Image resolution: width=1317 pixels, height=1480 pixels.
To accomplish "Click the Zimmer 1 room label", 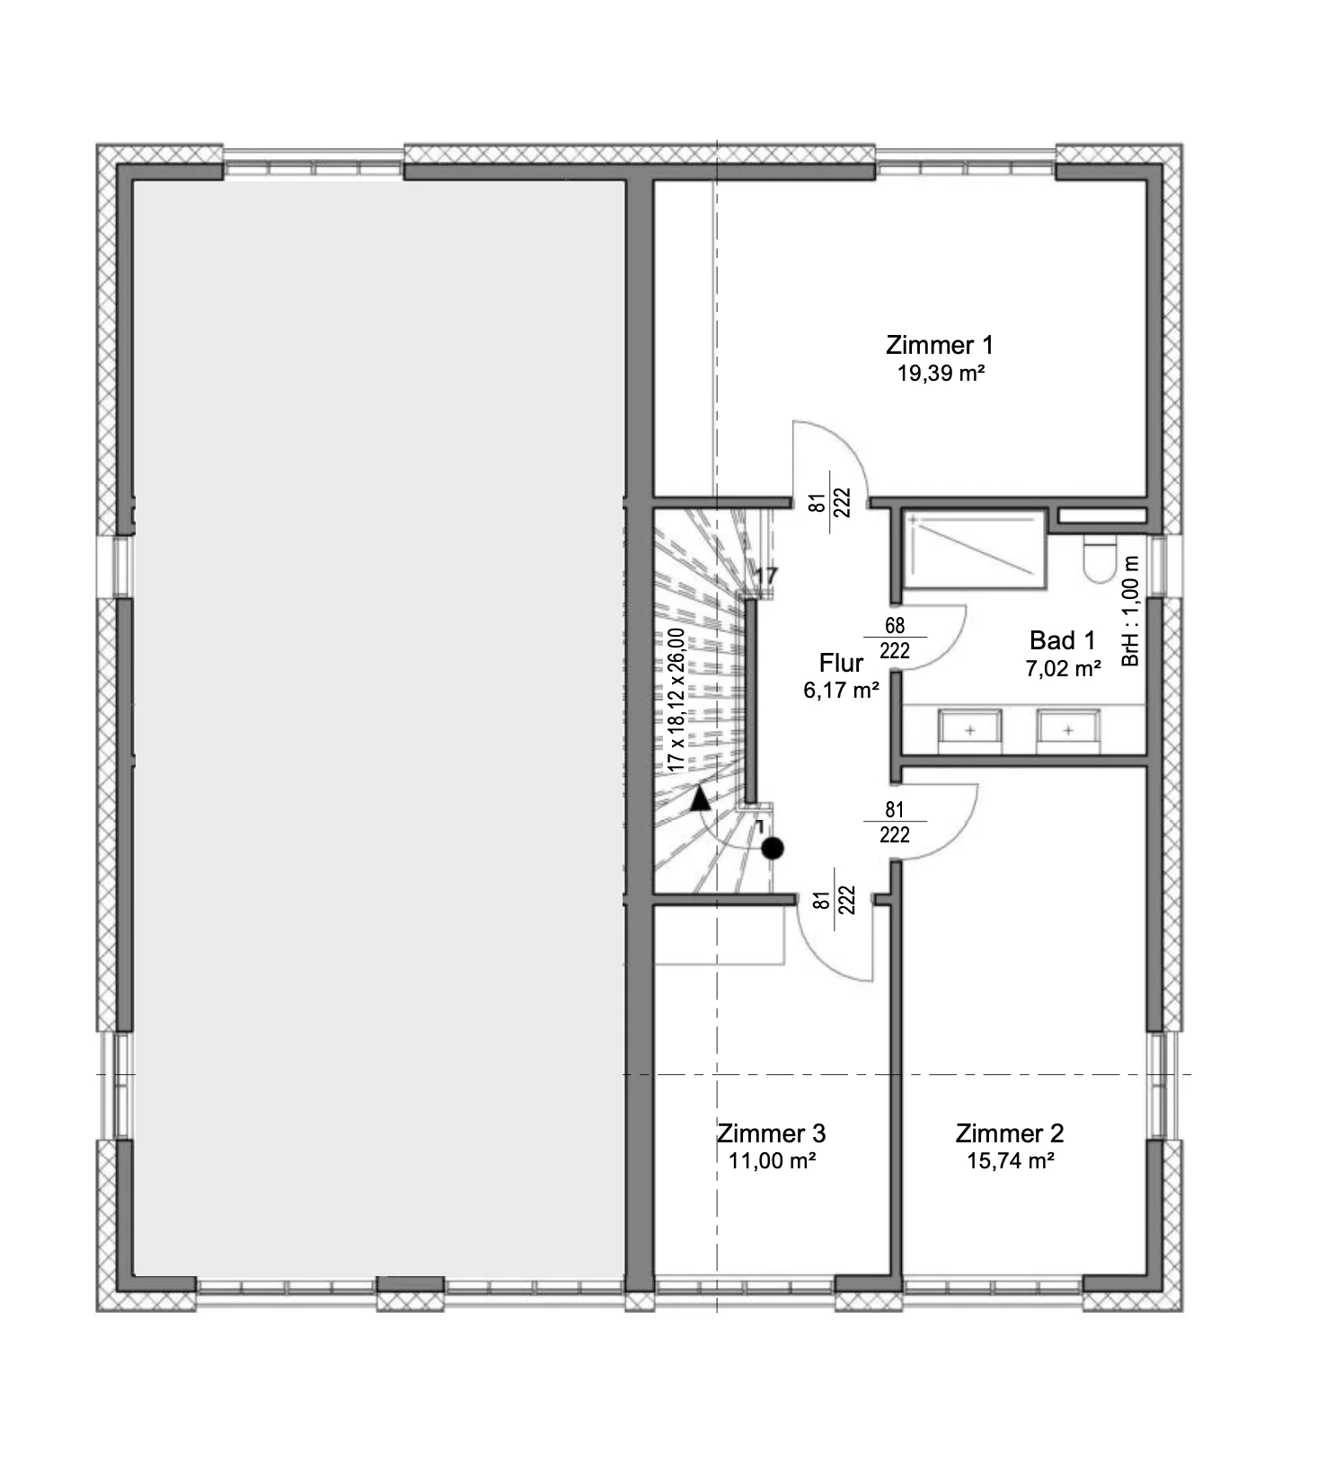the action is pos(939,345).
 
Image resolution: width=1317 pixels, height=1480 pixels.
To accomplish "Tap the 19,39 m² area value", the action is pos(940,374).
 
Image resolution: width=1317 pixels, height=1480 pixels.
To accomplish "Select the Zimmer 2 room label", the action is pos(1009,1133).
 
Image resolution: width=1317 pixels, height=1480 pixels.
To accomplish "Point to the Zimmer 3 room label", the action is pos(771,1133).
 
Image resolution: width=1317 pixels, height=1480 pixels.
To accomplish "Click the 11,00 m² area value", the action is pos(772,1161).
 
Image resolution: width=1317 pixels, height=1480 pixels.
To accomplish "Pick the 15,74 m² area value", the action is pos(1010,1161).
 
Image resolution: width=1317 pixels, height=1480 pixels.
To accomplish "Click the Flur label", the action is pos(841,663).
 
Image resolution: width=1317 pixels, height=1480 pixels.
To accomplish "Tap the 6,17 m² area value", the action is pos(841,690).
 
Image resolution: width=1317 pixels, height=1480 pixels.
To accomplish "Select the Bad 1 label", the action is pos(1063,640).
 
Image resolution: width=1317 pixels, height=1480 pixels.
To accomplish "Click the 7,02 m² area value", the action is pos(1063,668).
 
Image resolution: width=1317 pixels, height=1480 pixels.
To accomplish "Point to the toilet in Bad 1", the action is pos(1100,558).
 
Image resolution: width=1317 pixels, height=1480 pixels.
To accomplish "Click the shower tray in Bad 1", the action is pos(975,549).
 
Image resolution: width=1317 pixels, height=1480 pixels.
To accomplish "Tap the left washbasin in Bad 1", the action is pos(970,730).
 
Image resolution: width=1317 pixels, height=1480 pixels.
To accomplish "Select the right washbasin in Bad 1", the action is pos(1068,730).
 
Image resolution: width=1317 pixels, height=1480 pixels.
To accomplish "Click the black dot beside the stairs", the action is pos(773,848).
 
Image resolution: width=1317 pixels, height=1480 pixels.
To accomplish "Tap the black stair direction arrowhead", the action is pos(700,798).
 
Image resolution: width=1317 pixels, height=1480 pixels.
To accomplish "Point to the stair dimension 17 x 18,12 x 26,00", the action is pos(676,700).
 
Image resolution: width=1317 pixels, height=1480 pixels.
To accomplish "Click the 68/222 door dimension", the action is pos(895,638).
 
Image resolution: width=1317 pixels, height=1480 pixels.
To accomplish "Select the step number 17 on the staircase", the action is pos(765,576).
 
